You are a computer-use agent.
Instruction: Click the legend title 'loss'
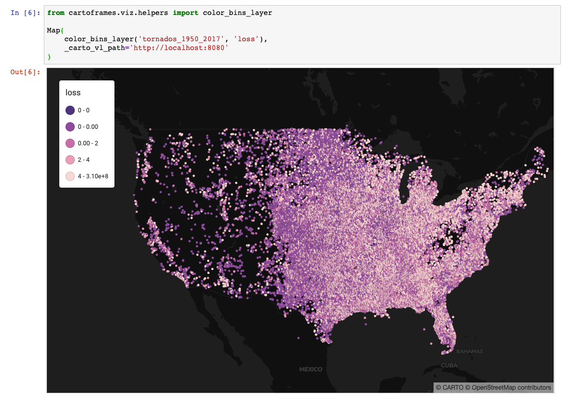pos(73,93)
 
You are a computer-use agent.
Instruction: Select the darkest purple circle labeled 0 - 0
pos(70,110)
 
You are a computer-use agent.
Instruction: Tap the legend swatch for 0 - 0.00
pos(70,127)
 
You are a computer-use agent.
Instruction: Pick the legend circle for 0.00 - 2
pos(70,143)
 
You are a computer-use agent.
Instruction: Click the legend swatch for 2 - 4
pos(70,160)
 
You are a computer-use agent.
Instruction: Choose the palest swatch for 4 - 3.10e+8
pos(70,176)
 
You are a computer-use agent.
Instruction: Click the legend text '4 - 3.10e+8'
pos(93,176)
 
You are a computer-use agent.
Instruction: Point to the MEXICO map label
pos(311,369)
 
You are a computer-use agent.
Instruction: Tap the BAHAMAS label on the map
pos(470,352)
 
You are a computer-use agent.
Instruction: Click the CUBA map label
pos(449,365)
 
